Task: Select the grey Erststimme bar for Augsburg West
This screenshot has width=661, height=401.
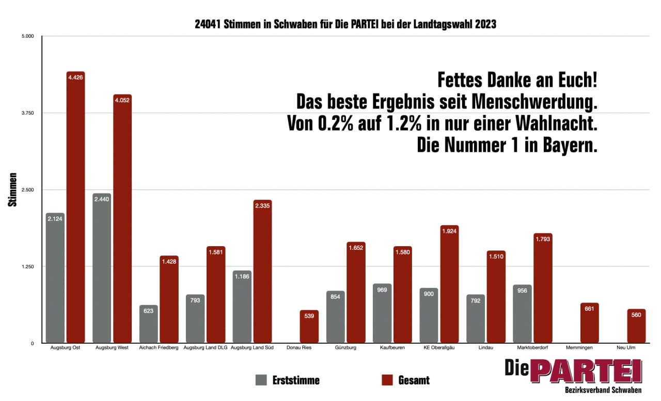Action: tap(102, 268)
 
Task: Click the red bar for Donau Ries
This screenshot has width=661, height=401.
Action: tap(309, 327)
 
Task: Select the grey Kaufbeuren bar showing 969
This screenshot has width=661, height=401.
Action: tap(382, 313)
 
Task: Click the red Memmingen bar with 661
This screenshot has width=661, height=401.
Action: tap(590, 323)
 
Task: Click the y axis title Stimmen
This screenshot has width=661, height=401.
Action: tap(13, 190)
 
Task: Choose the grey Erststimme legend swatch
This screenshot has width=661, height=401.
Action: tap(261, 380)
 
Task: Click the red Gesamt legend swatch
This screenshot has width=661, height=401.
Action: tap(387, 380)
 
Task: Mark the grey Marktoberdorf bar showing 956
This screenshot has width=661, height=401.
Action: tap(522, 314)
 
